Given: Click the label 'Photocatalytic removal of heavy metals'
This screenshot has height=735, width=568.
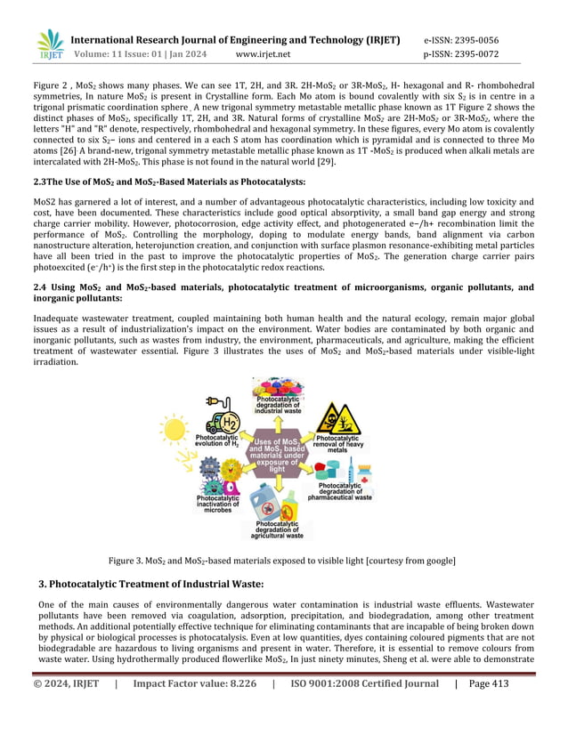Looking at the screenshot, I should pyautogui.click(x=338, y=444).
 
